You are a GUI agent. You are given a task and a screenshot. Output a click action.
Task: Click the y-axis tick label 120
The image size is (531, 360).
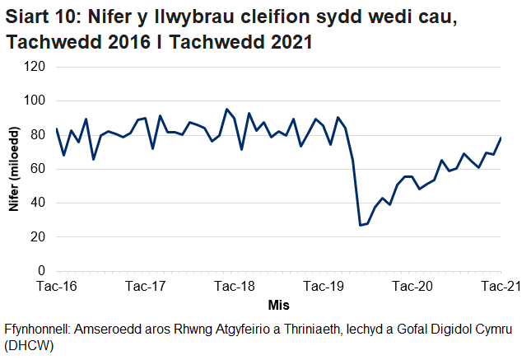point(34,67)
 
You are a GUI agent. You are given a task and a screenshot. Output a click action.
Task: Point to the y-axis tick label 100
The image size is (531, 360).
point(34,101)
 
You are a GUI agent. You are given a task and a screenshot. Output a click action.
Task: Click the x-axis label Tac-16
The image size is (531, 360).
point(57,286)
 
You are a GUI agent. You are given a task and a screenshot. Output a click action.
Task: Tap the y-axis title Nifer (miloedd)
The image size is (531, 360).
point(14,169)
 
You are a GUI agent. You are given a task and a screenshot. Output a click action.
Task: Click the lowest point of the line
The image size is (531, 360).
point(361,225)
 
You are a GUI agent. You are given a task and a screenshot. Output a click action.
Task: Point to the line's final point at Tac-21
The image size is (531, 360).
point(501,138)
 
